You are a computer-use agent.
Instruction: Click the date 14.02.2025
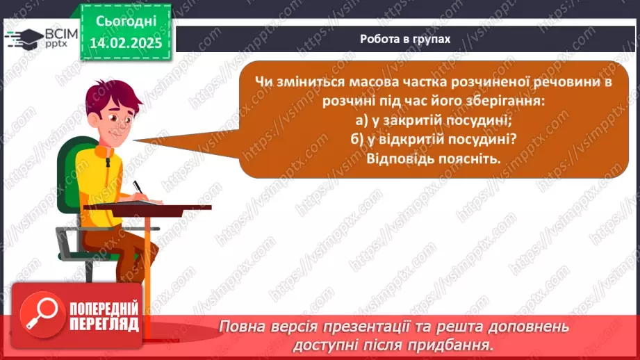point(126,43)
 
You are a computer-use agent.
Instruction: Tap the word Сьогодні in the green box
point(126,22)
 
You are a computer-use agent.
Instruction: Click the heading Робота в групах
point(405,39)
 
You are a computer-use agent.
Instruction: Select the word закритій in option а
point(413,120)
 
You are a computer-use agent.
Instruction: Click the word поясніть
point(468,158)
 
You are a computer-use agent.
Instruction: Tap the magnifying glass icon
point(42,315)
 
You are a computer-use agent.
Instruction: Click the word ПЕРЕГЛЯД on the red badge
point(104,325)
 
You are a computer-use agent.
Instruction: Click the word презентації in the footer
point(364,327)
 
